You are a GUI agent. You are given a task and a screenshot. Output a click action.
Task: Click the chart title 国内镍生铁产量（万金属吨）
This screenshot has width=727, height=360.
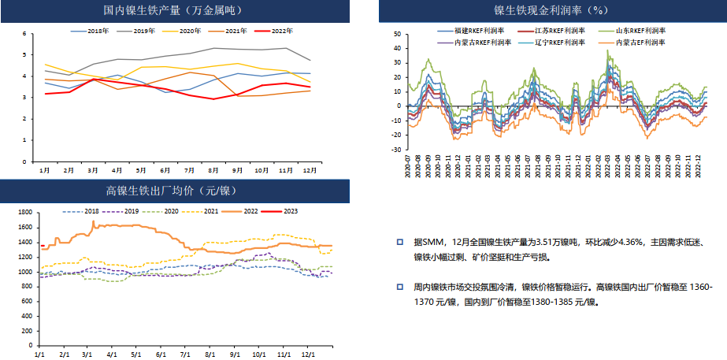(x=172, y=11)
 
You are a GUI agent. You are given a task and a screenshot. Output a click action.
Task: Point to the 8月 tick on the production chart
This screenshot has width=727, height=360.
(x=212, y=170)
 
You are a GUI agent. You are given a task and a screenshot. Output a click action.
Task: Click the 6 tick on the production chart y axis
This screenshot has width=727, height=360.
(x=24, y=34)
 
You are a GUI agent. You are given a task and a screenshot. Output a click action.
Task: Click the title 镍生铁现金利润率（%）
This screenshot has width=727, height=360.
(x=550, y=11)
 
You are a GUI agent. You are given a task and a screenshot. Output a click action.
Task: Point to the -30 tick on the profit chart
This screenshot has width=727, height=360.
(x=395, y=149)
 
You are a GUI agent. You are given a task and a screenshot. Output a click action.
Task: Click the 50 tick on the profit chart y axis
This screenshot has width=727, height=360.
(x=397, y=35)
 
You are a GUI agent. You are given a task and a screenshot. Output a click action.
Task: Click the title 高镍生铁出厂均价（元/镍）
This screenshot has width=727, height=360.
(x=172, y=191)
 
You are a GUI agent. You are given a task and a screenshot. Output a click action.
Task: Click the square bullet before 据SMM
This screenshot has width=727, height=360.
(x=400, y=243)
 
